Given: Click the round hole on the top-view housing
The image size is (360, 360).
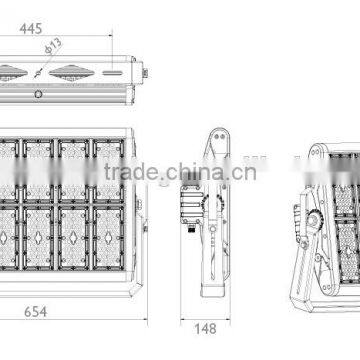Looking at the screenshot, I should coord(38,93).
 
